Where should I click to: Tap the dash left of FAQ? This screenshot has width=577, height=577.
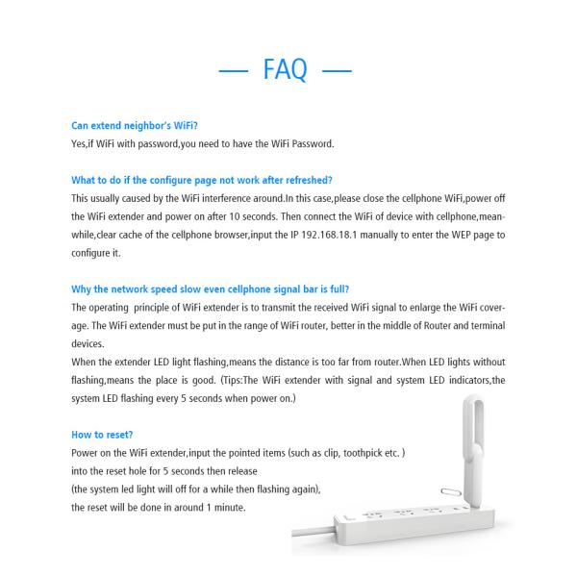[x=235, y=69]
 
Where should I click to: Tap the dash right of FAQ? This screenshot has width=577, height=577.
[x=337, y=69]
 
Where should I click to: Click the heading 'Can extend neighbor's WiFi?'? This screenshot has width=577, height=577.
[x=135, y=126]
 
